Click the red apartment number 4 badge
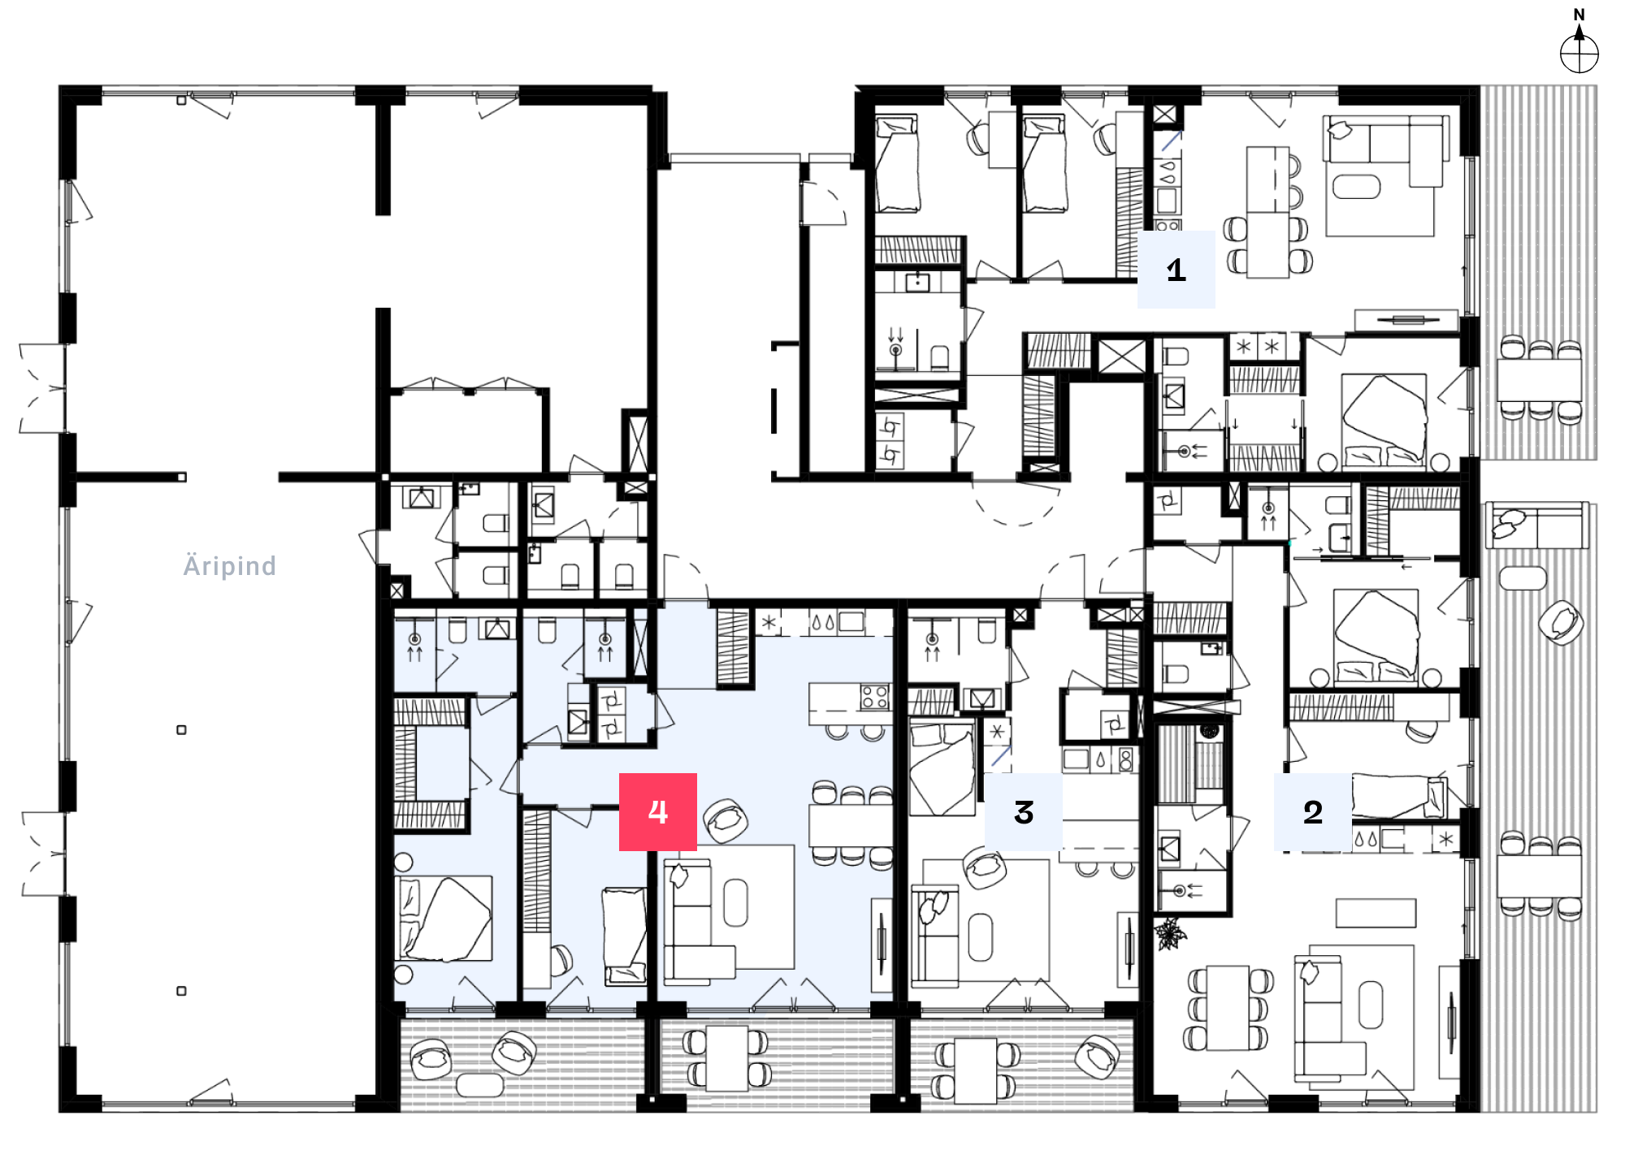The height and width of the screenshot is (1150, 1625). pos(658,811)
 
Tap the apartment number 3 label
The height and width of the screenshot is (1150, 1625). pos(1024,811)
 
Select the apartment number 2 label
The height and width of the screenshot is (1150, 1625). pos(1313,811)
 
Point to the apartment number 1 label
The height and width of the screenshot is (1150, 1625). pos(1176,270)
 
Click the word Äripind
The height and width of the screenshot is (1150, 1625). pos(230,565)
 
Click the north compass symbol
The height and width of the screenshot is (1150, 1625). pos(1579,54)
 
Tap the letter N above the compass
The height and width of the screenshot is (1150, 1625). pos(1579,15)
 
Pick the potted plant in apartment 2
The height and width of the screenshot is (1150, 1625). pos(1170,933)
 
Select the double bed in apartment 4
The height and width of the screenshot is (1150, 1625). pos(444,918)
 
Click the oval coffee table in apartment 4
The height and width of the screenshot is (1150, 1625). pos(735,902)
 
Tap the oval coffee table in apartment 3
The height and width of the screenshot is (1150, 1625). pos(981,937)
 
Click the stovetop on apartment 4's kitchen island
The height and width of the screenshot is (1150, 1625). pos(874,697)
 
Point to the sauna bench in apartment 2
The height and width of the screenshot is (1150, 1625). pos(1175,766)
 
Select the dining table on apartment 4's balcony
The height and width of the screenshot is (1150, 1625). pos(727,1058)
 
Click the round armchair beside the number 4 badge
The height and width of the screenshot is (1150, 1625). pos(726,821)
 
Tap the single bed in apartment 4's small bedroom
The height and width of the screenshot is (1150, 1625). pos(624,935)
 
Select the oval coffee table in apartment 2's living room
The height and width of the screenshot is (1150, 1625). pos(1370,1005)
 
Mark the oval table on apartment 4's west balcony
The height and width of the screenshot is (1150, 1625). pos(480,1084)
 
